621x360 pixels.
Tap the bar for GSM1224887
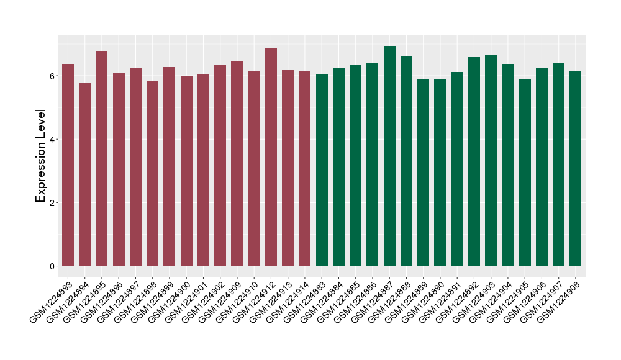(389, 156)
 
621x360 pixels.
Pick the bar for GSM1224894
(84, 174)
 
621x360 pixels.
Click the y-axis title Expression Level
(41, 156)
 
